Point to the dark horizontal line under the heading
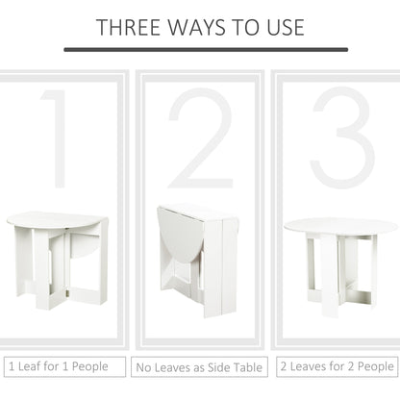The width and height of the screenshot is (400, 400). (x=199, y=48)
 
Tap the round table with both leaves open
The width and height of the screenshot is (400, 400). (x=340, y=260)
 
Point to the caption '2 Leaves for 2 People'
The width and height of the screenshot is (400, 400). (x=337, y=366)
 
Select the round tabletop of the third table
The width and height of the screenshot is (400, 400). (x=340, y=226)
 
